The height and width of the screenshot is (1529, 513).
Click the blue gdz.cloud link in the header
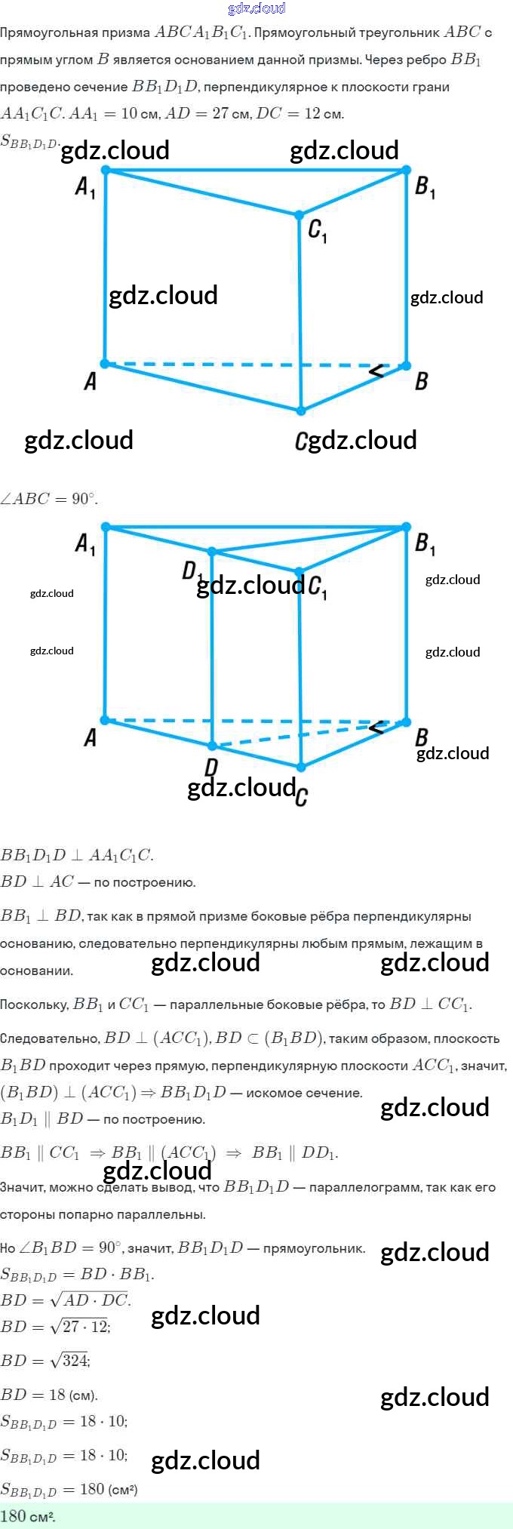click(256, 8)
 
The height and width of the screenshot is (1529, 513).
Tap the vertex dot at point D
click(213, 746)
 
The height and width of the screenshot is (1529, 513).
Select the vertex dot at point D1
click(213, 552)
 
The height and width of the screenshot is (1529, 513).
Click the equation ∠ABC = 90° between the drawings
click(49, 499)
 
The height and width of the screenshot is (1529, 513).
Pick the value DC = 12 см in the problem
click(300, 114)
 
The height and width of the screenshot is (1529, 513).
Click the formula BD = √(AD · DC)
click(66, 1300)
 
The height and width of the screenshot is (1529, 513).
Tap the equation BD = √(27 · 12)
click(56, 1327)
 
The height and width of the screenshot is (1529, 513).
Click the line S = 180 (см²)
click(69, 1489)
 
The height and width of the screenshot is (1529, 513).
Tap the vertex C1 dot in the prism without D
click(300, 216)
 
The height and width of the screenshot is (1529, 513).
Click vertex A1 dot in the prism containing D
click(106, 527)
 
